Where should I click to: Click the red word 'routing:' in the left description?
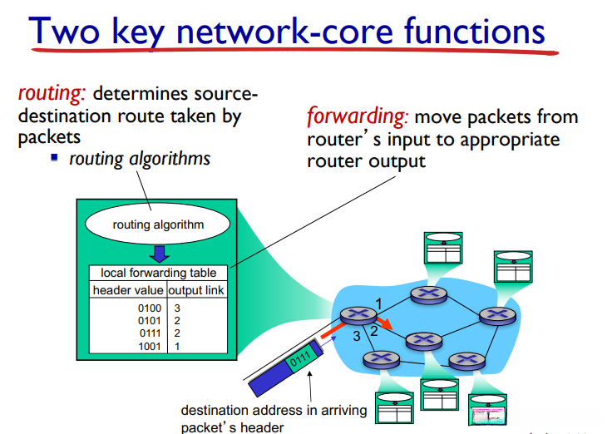pyautogui.click(x=52, y=94)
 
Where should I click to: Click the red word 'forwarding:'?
pyautogui.click(x=357, y=116)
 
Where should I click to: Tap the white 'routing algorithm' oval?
pyautogui.click(x=158, y=224)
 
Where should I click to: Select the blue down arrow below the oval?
pyautogui.click(x=160, y=254)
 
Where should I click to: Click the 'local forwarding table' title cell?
pyautogui.click(x=159, y=273)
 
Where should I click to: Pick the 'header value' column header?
pyautogui.click(x=128, y=290)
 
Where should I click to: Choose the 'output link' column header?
pyautogui.click(x=196, y=290)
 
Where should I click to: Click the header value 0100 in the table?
pyautogui.click(x=150, y=308)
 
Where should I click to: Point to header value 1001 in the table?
pyautogui.click(x=150, y=346)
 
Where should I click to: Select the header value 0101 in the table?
pyautogui.click(x=150, y=321)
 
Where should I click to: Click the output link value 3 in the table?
pyautogui.click(x=177, y=308)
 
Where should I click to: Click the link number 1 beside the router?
pyautogui.click(x=378, y=303)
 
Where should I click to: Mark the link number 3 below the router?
pyautogui.click(x=357, y=336)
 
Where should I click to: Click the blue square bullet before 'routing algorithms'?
pyautogui.click(x=54, y=157)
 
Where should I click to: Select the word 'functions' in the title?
pyautogui.click(x=474, y=31)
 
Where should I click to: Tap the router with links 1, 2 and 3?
pyautogui.click(x=358, y=315)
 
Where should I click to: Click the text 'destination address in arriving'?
pyautogui.click(x=274, y=410)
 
